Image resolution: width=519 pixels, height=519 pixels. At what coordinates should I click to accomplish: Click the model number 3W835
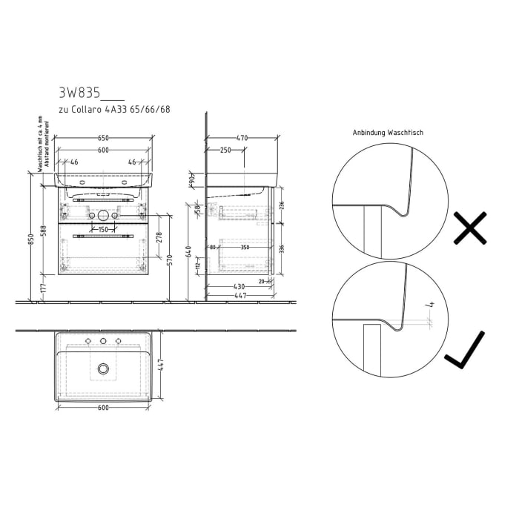coord(79,93)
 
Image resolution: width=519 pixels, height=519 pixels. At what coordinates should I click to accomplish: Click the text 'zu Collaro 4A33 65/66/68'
coord(114,110)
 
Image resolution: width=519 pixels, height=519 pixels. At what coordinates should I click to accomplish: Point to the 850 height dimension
coord(31,241)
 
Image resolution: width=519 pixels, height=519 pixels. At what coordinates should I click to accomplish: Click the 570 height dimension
coord(171,259)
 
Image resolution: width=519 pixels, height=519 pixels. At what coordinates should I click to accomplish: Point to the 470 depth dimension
coord(242,138)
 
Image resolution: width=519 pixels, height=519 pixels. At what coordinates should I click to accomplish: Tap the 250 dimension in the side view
coord(225,150)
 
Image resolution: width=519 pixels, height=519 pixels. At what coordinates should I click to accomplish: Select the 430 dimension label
coord(239,286)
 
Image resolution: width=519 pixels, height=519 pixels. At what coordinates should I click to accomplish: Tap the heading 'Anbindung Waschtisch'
coord(389,133)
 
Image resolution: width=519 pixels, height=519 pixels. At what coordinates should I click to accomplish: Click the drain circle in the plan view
coord(103,368)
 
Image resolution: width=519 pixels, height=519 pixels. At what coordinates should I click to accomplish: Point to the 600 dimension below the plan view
coord(103,407)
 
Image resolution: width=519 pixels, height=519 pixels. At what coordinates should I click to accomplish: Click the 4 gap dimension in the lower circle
coord(429,305)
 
